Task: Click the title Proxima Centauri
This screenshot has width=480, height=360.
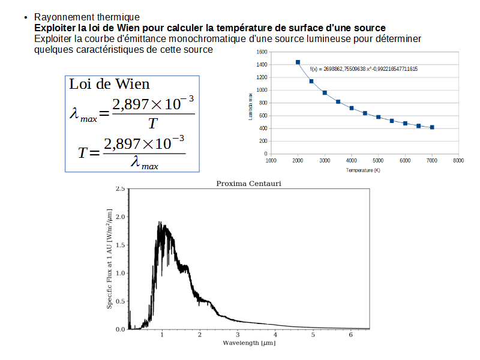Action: (248, 183)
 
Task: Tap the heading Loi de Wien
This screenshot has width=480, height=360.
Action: (109, 84)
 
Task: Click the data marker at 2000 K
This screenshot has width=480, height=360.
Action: (298, 62)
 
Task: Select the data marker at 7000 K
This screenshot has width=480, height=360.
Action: (432, 127)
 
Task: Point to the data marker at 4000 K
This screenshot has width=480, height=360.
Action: (352, 108)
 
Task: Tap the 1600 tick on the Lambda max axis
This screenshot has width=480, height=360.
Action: (261, 52)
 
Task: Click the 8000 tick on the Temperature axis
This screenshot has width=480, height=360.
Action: (458, 161)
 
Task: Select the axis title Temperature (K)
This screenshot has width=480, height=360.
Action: (364, 170)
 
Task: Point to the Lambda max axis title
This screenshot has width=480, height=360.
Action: (250, 103)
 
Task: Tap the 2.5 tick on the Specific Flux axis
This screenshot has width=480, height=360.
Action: (120, 189)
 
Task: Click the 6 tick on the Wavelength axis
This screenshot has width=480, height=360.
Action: (350, 335)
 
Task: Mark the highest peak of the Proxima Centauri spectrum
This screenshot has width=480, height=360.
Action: (160, 222)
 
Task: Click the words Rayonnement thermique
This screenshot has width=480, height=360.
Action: (87, 17)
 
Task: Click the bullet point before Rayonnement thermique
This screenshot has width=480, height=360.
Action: (26, 17)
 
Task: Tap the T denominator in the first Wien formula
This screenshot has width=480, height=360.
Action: (153, 124)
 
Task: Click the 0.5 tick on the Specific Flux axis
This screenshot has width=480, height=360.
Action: (120, 301)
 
